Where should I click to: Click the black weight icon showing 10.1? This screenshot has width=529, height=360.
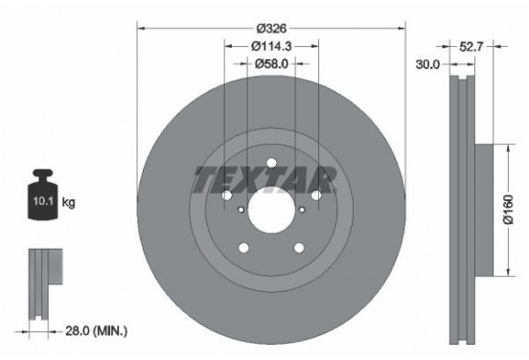(x=43, y=198)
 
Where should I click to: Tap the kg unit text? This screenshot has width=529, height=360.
(x=68, y=204)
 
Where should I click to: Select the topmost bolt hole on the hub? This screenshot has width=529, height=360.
(x=271, y=162)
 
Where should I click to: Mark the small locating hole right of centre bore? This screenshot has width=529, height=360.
(x=303, y=209)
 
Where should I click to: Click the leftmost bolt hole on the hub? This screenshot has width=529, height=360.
(x=227, y=194)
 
